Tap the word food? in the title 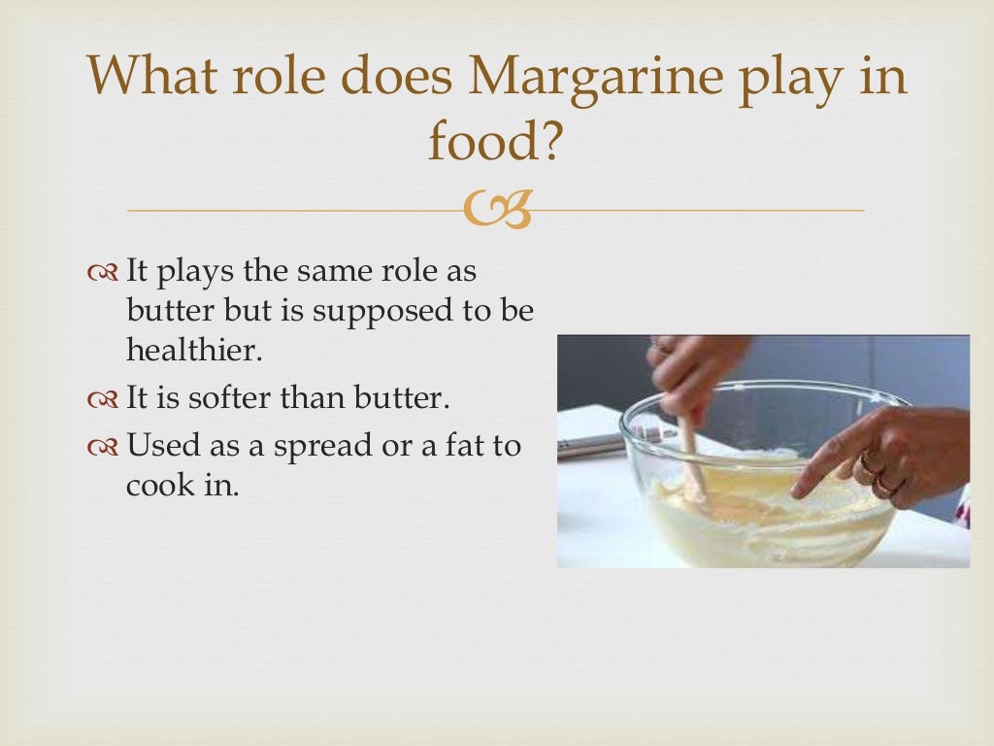tap(495, 143)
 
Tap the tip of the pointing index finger tap(798, 492)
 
